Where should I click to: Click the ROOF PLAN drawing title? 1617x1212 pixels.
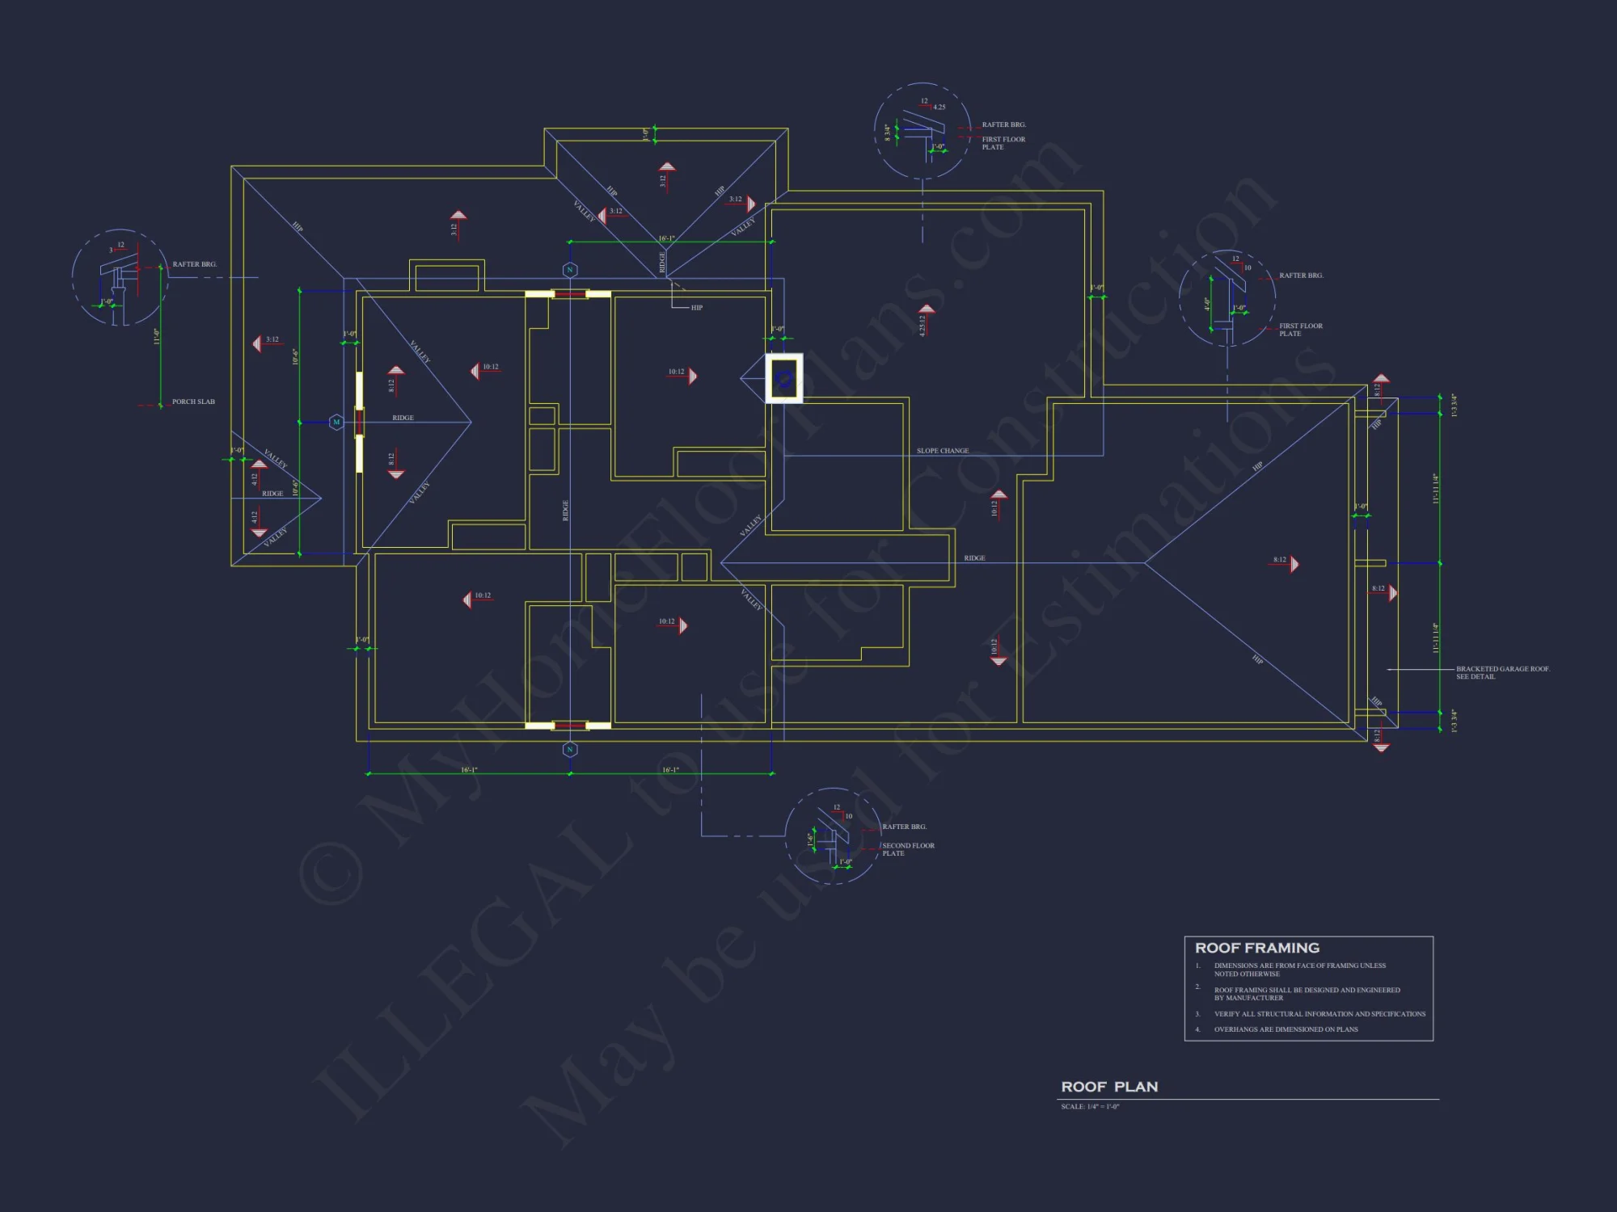point(1109,1087)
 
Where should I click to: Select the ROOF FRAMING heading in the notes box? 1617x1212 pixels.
point(1256,948)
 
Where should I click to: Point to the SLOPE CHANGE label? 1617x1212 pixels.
point(942,451)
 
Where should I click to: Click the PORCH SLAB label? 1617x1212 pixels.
point(193,402)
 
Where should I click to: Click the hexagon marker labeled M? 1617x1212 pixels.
point(336,422)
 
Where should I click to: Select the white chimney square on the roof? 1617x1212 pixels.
point(784,378)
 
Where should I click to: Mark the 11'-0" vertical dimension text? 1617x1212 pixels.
point(157,337)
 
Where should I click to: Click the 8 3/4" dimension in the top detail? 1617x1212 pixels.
point(887,133)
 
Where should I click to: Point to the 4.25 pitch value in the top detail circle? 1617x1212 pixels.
point(939,107)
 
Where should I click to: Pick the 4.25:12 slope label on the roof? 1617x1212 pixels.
point(922,326)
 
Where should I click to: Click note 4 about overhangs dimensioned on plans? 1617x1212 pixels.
point(1286,1029)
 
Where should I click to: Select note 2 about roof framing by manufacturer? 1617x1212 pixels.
point(1307,994)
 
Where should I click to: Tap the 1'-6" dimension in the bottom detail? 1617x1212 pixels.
point(811,840)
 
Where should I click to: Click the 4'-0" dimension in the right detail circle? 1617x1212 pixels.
point(1206,304)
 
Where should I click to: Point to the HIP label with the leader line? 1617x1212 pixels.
point(696,308)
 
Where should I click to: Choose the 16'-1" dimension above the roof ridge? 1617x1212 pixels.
point(666,238)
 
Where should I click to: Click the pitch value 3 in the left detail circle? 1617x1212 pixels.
point(112,250)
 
